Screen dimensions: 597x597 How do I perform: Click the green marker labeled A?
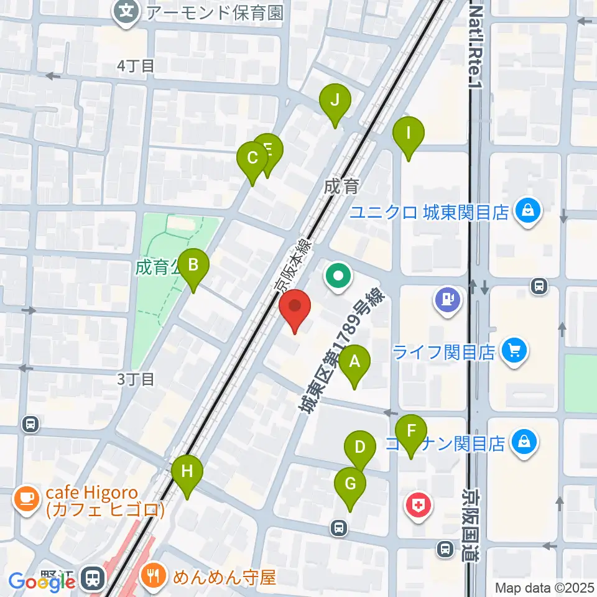354,361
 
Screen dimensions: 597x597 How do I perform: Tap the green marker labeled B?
193,266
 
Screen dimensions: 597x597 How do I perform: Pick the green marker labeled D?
359,447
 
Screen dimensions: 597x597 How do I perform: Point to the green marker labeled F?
411,430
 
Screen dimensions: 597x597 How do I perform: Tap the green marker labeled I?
409,133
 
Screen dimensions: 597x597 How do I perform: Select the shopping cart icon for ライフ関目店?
514,352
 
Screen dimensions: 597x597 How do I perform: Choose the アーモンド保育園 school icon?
127,12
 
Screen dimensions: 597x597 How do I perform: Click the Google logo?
42,582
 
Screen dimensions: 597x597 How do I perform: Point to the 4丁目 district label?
136,66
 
